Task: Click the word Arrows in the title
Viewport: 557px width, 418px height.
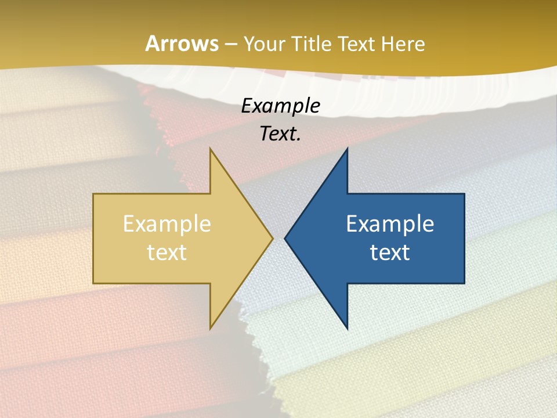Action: [x=182, y=44]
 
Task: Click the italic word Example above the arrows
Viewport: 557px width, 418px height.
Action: [x=281, y=106]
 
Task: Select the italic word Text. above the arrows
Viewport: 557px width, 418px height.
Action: [x=281, y=134]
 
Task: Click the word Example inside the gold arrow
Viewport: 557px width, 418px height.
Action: [x=167, y=224]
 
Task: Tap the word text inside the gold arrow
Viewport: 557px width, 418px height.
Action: [x=167, y=253]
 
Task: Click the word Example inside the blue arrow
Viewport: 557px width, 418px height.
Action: [x=390, y=224]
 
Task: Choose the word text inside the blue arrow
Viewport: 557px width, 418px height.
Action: [x=390, y=253]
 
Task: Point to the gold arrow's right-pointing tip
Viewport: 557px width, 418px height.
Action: [x=273, y=238]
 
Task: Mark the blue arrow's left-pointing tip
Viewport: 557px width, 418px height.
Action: [x=285, y=238]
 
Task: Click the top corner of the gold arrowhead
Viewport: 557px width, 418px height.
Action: [x=210, y=149]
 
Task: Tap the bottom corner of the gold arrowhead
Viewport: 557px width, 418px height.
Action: [x=210, y=329]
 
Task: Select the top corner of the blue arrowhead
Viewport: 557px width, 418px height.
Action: [x=347, y=149]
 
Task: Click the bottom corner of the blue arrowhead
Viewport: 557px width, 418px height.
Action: [x=347, y=329]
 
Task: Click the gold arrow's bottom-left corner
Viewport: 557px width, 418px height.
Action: [x=93, y=283]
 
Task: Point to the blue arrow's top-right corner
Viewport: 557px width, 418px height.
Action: [x=464, y=194]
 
